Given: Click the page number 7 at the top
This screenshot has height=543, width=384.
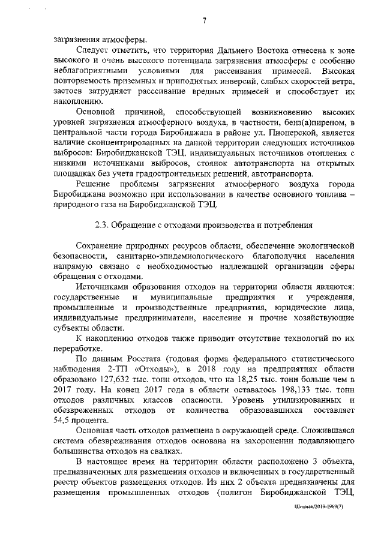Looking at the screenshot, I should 204,22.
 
